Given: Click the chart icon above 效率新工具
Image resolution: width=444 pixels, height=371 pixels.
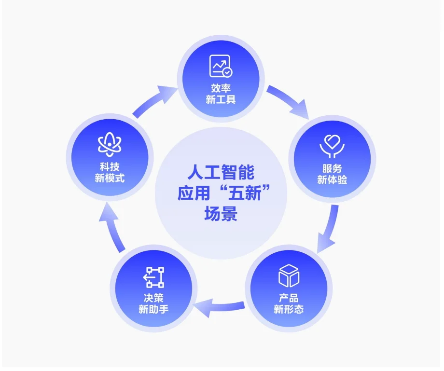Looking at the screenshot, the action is point(221,66).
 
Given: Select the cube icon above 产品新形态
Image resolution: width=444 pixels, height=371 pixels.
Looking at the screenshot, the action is point(289,276).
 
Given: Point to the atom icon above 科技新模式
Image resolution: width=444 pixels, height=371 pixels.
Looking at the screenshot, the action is point(110,146).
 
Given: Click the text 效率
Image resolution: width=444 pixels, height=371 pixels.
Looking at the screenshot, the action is point(221,89).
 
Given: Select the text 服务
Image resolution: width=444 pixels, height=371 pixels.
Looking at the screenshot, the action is point(332,168).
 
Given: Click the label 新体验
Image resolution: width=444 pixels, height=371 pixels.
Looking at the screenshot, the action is point(332,180).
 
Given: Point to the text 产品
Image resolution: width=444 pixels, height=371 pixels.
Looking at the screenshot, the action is point(289,298).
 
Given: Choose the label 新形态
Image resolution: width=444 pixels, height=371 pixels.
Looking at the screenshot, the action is point(289,310).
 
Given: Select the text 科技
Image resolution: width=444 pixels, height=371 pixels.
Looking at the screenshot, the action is point(110,167).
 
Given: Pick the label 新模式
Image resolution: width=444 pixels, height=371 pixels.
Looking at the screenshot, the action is point(110,179).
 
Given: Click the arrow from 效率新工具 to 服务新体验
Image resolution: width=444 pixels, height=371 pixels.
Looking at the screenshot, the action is point(289,101).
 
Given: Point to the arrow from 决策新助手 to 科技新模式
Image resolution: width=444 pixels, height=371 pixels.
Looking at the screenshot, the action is point(112,230).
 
